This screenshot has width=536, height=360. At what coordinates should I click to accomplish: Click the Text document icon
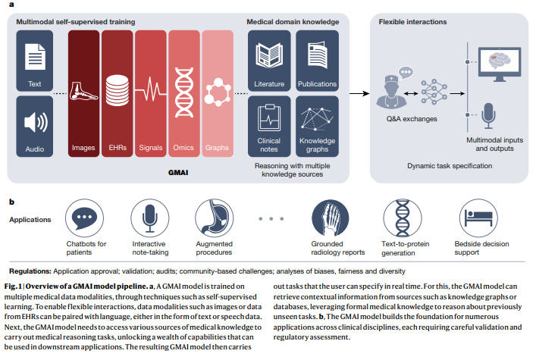point(34,59)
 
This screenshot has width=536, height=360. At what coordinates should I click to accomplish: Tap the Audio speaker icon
point(34,122)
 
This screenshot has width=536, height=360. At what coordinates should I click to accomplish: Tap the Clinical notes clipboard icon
point(270,117)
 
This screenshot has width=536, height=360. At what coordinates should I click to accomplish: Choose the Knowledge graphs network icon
point(316,117)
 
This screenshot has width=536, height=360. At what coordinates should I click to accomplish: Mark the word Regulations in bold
point(30,271)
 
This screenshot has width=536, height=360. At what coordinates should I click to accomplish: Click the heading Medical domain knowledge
point(292,22)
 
